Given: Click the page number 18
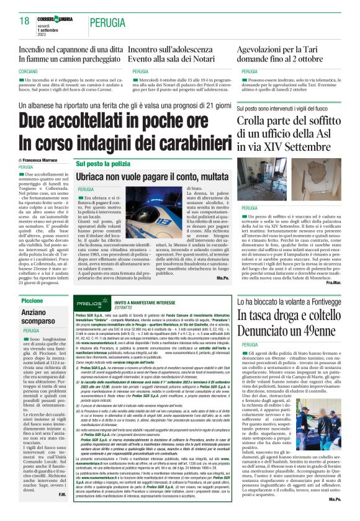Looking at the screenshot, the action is [24, 20].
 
